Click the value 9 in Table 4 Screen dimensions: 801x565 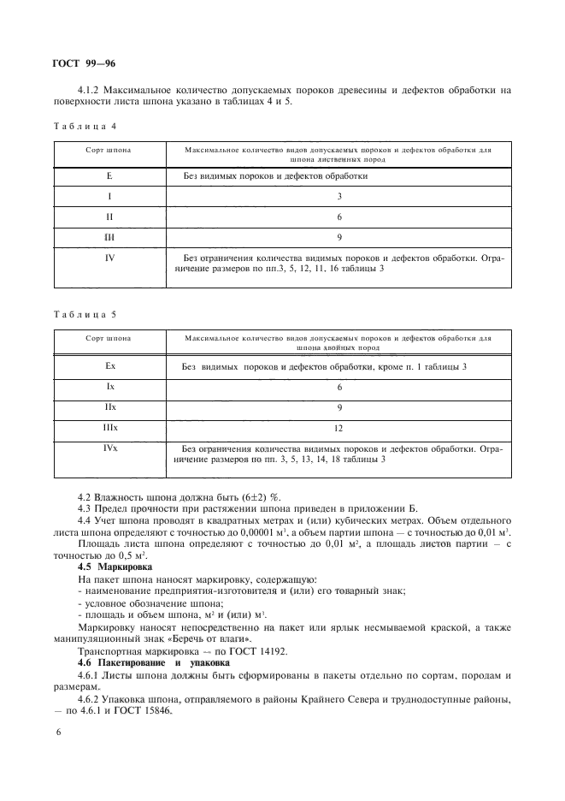(x=339, y=237)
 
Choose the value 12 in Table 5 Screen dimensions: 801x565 (x=339, y=427)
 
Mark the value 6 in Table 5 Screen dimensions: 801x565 (x=339, y=387)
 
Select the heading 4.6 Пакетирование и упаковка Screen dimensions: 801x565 (x=150, y=662)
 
